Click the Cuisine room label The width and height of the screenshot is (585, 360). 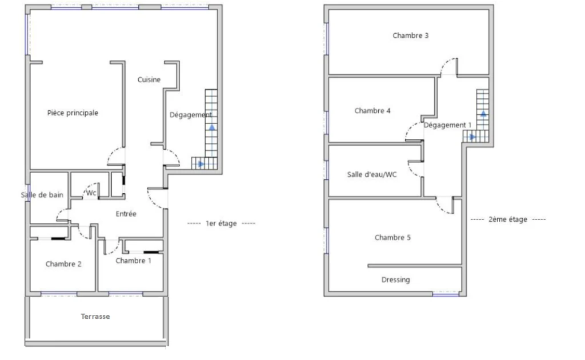149,79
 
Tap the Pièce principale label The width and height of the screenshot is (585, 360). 73,113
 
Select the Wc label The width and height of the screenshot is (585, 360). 91,193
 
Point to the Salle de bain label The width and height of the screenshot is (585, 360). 42,195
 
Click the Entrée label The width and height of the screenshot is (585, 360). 126,214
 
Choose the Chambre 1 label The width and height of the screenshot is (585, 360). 133,261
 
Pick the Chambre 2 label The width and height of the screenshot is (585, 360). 63,264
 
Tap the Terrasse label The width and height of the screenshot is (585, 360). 95,317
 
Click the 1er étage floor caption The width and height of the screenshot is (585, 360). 221,223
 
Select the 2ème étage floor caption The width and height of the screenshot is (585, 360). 508,219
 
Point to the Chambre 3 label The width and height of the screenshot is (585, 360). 410,35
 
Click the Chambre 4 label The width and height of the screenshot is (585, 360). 372,110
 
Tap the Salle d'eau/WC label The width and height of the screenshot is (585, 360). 371,175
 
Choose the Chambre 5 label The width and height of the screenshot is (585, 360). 392,237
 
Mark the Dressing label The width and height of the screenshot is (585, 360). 395,279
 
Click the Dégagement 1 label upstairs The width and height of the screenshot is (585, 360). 447,125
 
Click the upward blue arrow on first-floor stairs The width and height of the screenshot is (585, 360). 212,127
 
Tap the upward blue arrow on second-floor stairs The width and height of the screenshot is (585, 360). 483,113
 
